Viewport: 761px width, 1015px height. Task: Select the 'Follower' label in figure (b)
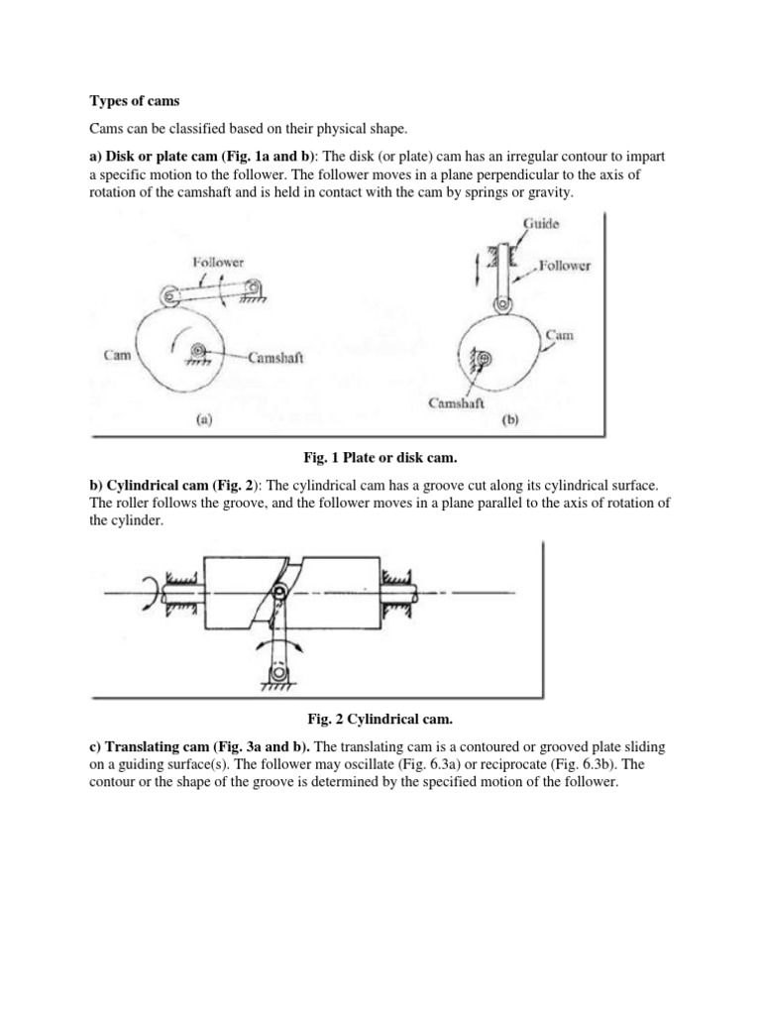pyautogui.click(x=567, y=266)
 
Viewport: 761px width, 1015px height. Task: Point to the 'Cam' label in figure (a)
pyautogui.click(x=116, y=353)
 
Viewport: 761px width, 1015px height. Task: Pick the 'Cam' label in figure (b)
pyautogui.click(x=560, y=336)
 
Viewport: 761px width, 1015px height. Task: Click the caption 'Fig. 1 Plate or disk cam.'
pyautogui.click(x=378, y=455)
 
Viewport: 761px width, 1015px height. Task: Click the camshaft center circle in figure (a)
pyautogui.click(x=198, y=350)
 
